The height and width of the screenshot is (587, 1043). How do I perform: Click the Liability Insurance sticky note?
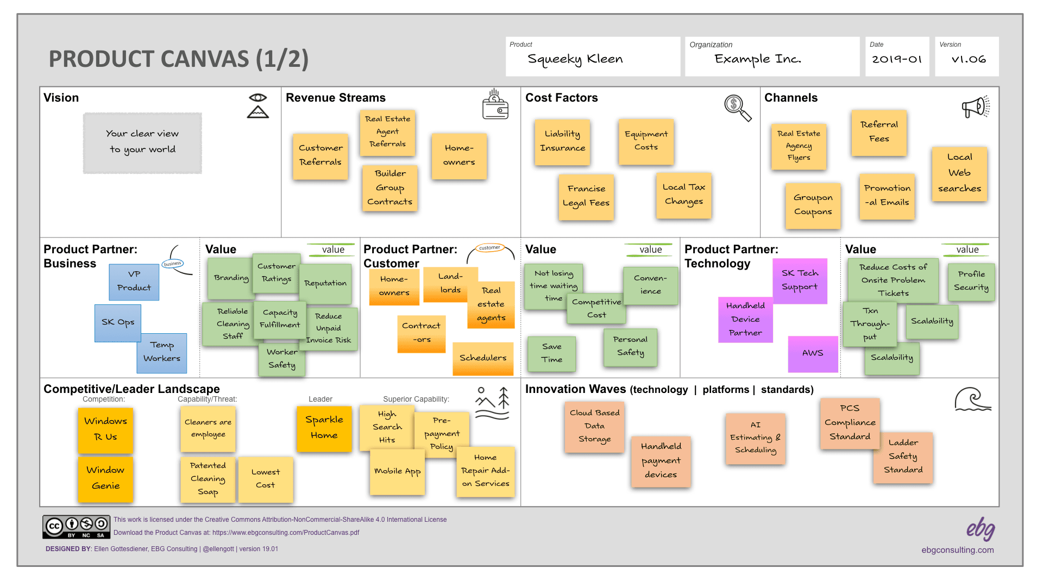coord(562,141)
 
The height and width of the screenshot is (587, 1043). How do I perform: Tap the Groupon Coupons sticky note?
coord(813,205)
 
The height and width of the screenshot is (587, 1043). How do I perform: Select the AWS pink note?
coord(813,353)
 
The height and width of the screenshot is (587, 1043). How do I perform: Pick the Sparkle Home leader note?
coord(324,428)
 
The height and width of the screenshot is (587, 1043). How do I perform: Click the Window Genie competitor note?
coord(105,478)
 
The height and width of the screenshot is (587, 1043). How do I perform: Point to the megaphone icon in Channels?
coord(976,107)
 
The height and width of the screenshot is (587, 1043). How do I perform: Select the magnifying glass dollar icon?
coord(737,107)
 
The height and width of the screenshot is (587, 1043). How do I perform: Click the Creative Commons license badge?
coord(77,527)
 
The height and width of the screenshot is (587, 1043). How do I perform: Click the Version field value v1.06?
coord(969,59)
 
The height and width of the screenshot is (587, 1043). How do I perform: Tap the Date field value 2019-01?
coord(897,59)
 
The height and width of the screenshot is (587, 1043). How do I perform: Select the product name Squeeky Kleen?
coord(575,59)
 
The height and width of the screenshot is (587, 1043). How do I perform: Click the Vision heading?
coord(61,98)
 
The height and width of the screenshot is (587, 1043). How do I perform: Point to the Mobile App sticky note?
coord(397,471)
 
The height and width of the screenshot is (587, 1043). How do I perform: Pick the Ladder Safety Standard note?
coord(903,457)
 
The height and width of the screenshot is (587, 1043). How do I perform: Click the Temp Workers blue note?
coord(162,353)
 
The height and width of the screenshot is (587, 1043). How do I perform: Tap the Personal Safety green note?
coord(630,347)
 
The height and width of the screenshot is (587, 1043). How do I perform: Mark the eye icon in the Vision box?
coord(258,98)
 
